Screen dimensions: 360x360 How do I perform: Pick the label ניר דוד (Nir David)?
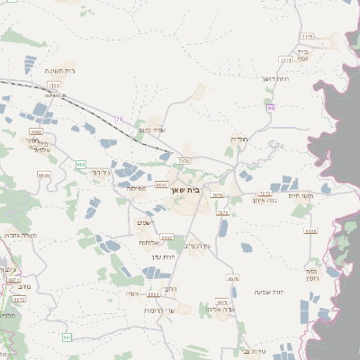[103, 171]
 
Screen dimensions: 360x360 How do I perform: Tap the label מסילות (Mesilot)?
[138, 189]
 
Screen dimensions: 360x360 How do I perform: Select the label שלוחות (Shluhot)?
[149, 242]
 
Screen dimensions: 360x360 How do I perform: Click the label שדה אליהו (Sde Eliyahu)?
[220, 310]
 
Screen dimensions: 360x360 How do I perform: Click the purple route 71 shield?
[120, 118]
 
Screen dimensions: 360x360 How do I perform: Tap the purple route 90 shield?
[270, 108]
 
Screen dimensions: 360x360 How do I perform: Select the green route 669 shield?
[81, 165]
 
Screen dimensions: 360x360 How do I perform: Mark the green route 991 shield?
[67, 337]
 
